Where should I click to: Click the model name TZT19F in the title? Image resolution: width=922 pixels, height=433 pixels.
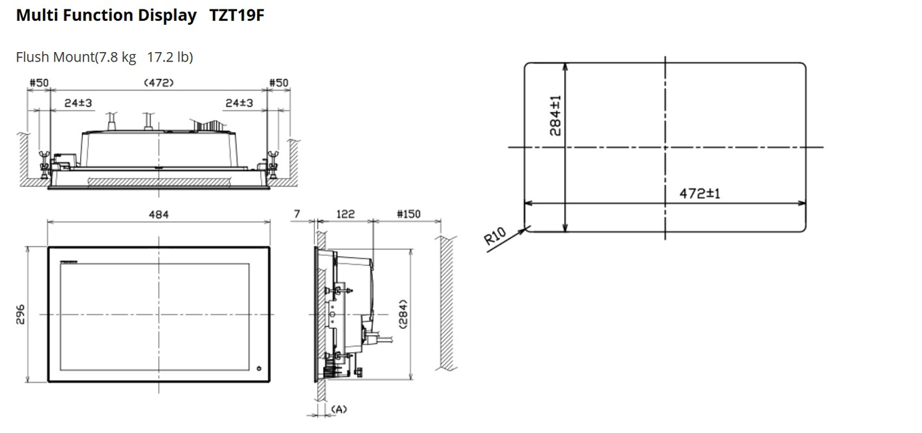[236, 15]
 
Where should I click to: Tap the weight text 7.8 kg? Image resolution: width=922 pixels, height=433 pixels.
[117, 57]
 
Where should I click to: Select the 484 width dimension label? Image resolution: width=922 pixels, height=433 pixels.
[158, 214]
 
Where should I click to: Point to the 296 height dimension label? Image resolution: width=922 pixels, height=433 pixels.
[20, 314]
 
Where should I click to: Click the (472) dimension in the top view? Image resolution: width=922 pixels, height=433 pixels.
[159, 83]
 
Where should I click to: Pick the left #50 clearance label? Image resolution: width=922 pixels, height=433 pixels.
[39, 83]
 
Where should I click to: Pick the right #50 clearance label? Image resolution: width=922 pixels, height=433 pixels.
[278, 83]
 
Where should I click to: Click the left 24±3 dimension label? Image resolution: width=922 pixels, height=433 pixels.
[78, 103]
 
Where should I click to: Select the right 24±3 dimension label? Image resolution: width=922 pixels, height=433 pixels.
[239, 103]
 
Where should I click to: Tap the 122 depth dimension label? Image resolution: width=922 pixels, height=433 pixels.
[345, 214]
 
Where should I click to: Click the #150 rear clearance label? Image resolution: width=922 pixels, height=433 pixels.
[409, 214]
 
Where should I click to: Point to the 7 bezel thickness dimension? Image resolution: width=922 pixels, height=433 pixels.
[297, 214]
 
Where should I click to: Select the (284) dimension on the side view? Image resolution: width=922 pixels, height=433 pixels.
[403, 314]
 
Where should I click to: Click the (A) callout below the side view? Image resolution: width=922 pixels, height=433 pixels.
[339, 410]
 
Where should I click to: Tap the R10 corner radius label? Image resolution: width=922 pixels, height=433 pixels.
[494, 236]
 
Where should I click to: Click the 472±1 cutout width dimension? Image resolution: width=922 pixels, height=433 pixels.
[700, 194]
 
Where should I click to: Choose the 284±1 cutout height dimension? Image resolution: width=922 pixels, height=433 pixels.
[555, 116]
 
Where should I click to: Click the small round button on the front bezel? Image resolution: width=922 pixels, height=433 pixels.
[259, 368]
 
